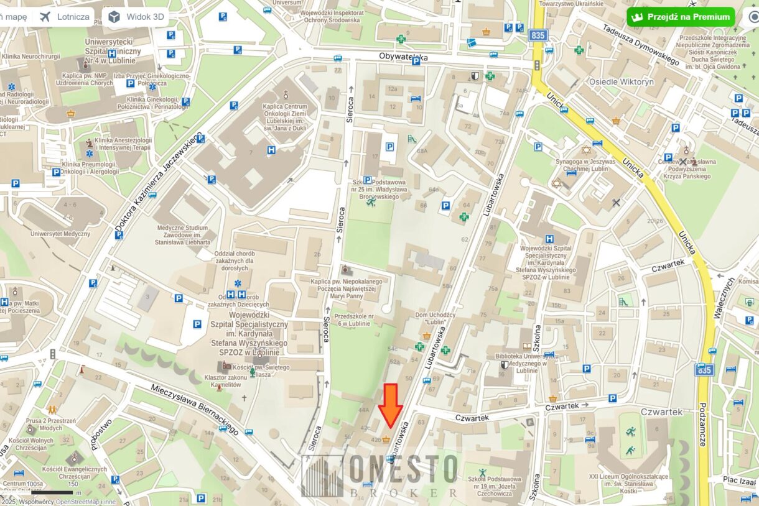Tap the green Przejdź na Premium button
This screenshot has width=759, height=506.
[681, 17]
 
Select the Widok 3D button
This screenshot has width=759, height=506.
[136, 17]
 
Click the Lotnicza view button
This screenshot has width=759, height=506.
[64, 17]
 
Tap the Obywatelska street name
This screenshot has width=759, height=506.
[404, 57]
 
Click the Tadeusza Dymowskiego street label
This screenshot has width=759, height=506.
[641, 44]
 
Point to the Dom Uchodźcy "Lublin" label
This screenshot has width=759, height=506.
[435, 319]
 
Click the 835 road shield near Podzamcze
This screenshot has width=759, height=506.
[704, 370]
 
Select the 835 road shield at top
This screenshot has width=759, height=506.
[538, 35]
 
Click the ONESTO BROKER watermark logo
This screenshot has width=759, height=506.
[380, 476]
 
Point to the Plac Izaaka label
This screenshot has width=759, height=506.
[739, 481]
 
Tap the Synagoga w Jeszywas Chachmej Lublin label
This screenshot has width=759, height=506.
[585, 166]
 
